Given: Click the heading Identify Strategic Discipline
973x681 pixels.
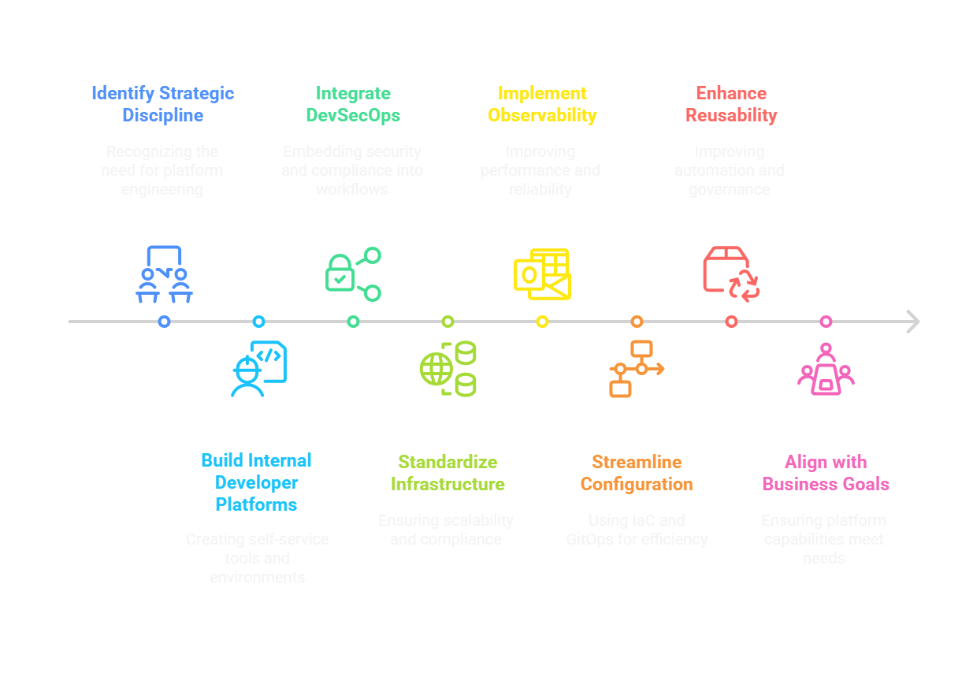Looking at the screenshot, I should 162,104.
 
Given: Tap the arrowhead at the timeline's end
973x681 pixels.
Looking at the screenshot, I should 912,322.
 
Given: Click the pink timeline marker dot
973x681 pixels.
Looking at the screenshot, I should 826,322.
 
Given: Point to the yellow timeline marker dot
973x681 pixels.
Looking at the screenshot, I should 542,322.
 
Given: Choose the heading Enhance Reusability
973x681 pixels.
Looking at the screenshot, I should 730,104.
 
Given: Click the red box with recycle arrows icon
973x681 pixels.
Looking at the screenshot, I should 730,273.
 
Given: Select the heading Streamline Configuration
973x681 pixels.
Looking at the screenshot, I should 637,473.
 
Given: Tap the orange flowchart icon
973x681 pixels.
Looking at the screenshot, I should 637,368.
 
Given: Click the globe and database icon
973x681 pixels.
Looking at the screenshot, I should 448,368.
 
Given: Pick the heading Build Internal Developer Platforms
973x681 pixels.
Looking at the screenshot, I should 257,482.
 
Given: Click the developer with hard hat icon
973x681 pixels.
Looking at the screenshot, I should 258,368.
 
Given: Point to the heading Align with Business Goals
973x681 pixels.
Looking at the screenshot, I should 826,473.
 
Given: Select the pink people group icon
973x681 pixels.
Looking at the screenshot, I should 826,370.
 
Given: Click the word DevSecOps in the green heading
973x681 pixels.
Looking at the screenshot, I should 353,115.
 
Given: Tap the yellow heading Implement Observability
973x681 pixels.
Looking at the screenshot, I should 542,104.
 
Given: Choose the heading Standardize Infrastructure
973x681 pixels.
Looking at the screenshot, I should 448,473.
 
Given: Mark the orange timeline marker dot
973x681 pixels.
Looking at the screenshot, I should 637,322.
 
